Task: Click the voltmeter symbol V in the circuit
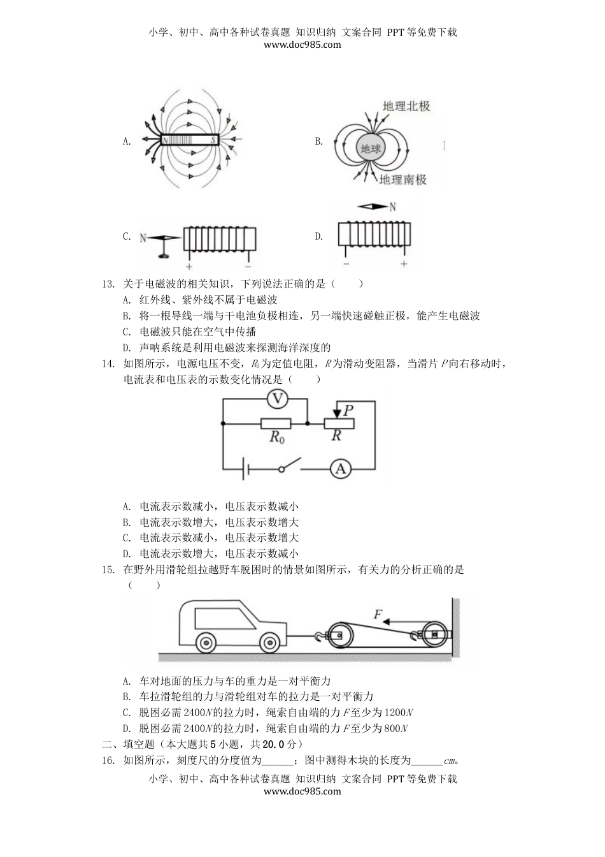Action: (x=277, y=400)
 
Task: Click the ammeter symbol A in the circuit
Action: (x=341, y=469)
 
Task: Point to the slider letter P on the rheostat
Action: (x=348, y=410)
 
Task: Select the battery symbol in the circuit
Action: (x=245, y=470)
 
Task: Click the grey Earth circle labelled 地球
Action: (x=370, y=149)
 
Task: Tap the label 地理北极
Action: (x=406, y=106)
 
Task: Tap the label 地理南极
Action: (x=402, y=180)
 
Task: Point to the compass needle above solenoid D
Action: (x=373, y=207)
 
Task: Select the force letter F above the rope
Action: (x=377, y=615)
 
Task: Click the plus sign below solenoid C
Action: (x=189, y=267)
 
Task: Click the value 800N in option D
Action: (x=396, y=728)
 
